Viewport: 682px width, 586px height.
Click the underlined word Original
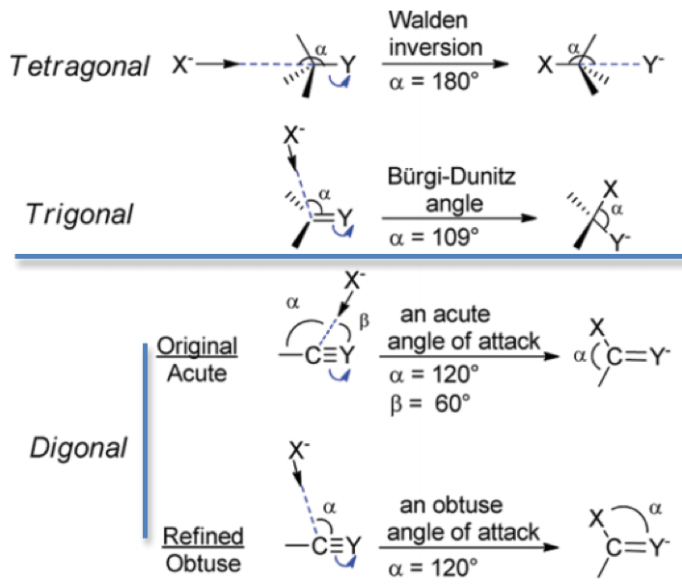click(x=202, y=346)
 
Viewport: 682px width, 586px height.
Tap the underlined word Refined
click(x=205, y=535)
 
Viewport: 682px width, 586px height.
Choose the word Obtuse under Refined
click(x=204, y=560)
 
